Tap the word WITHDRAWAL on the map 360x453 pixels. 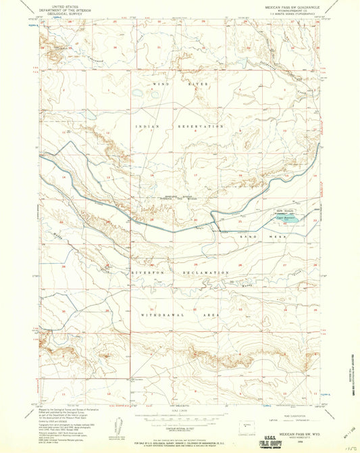[x=157, y=316]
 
